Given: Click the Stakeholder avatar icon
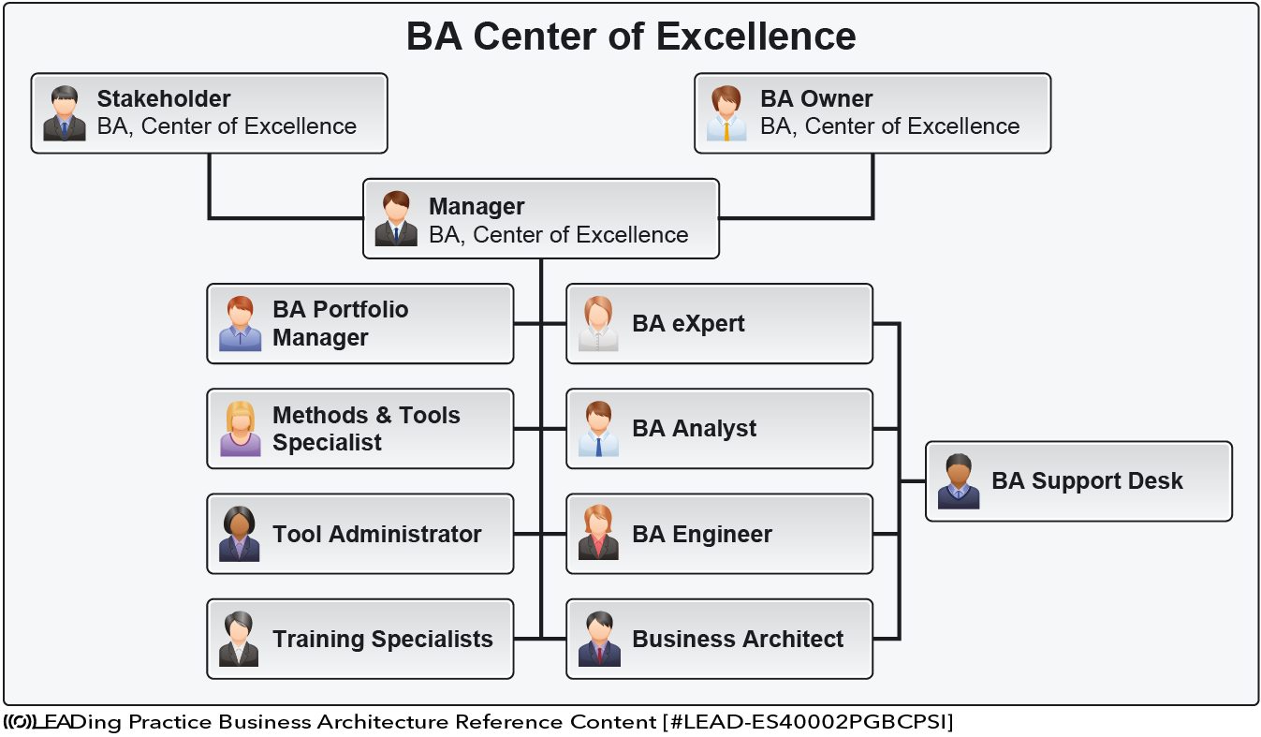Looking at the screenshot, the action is coord(65,113).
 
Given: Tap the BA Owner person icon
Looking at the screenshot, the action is coord(726,113).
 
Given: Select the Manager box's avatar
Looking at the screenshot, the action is coord(396,218).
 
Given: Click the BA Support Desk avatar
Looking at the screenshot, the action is coord(959,481).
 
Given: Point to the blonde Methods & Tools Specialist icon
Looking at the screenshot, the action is coord(241,429).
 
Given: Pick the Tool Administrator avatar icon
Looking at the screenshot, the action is coord(240,534).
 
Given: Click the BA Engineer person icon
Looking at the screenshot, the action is coord(598,532).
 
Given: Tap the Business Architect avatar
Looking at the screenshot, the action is coord(599,639).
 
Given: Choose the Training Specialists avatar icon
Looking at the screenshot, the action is coord(239,639).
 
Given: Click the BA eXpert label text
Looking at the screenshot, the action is coord(688,324).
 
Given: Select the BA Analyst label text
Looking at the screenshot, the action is coord(694,429).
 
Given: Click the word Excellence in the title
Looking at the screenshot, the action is coord(756,37).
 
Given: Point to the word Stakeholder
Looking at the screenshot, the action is coord(164,98).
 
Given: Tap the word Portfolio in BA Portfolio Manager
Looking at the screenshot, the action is coord(360,310).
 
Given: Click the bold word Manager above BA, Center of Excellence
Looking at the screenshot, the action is coord(477,207).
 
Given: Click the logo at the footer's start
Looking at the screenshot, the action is coord(19,722).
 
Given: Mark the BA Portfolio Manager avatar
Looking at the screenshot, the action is coord(241,324).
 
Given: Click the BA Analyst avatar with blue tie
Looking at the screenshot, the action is coord(598,429).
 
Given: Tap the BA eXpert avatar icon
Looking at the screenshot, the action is coord(598,324).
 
